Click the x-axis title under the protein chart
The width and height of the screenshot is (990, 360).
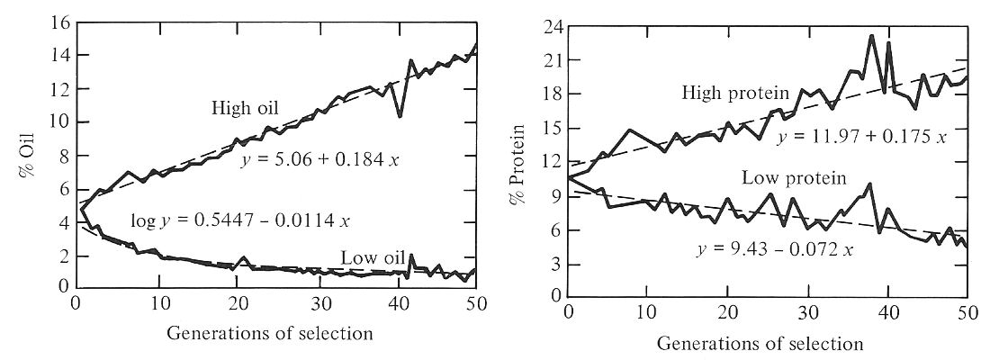pyautogui.click(x=760, y=344)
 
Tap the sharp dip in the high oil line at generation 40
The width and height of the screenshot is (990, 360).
pyautogui.click(x=400, y=116)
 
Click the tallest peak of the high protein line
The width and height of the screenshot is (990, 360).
pyautogui.click(x=871, y=36)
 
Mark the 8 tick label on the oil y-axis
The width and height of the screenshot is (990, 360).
pyautogui.click(x=58, y=156)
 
